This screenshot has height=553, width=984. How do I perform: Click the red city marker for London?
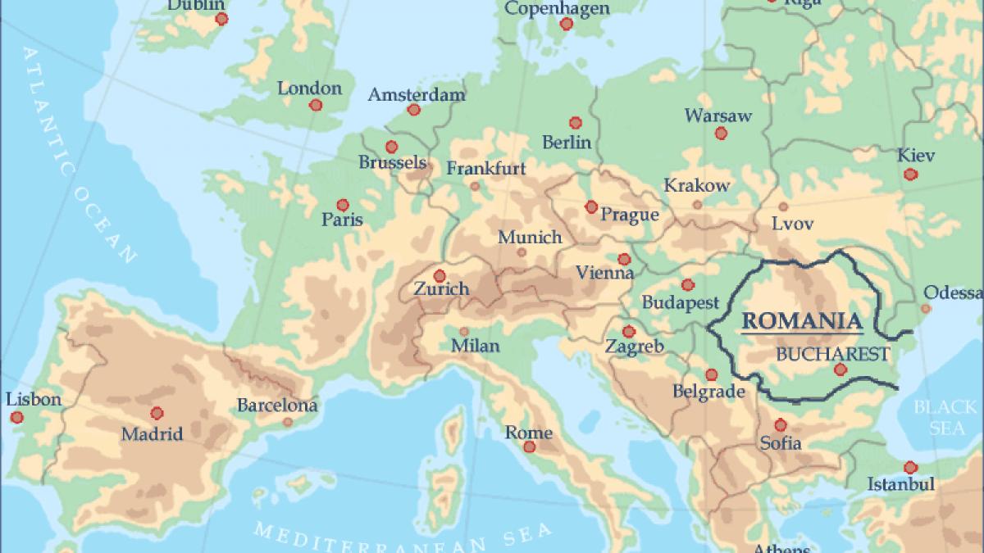[x=316, y=105]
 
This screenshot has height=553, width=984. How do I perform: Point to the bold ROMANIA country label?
[x=802, y=320]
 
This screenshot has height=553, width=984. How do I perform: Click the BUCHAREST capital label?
[x=832, y=354]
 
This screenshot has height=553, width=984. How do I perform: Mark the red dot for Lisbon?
[x=16, y=417]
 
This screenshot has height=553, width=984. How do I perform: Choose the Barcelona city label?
[x=276, y=405]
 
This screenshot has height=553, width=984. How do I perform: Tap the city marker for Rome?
[x=530, y=446]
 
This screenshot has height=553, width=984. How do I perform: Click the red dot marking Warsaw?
[x=721, y=133]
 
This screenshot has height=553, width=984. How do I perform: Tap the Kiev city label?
[x=915, y=155]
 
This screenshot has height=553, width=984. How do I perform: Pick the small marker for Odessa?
[x=926, y=309]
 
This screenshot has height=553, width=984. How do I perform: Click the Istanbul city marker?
[x=909, y=467]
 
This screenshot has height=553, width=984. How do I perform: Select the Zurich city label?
[x=441, y=288]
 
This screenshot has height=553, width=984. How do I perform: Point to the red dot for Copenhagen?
[x=566, y=24]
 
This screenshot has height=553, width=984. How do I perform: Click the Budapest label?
[x=680, y=302]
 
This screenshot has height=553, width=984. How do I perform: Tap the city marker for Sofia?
[x=781, y=424]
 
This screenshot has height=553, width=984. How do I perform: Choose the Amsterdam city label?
[x=416, y=94]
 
